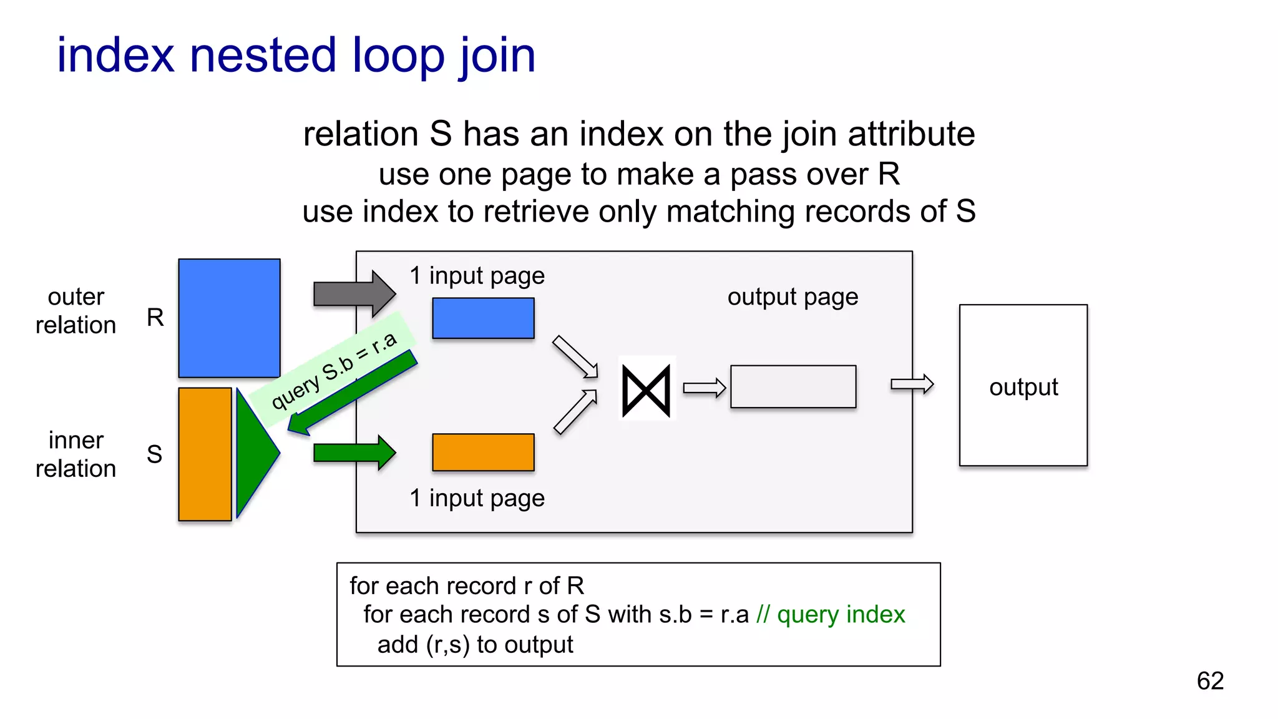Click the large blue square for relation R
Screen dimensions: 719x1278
[229, 318]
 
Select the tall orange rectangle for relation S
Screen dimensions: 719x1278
[205, 454]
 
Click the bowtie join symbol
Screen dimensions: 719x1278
[646, 391]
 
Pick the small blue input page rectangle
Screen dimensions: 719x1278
[483, 318]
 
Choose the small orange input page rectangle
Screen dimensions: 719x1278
[483, 452]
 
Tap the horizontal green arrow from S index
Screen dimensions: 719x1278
[353, 452]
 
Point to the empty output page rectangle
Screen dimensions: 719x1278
[793, 387]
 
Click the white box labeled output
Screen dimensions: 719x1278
[1023, 385]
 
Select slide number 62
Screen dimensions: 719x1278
[1209, 681]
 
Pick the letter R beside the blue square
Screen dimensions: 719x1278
[155, 318]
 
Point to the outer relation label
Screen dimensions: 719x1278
[76, 311]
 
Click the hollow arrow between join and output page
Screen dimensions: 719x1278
[704, 388]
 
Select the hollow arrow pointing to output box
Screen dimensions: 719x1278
[912, 384]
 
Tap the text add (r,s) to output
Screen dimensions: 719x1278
[475, 645]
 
